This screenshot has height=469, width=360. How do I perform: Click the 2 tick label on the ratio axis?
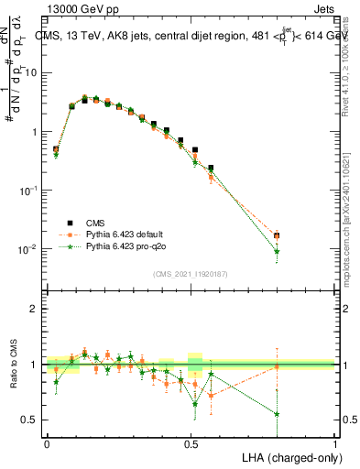(36, 309)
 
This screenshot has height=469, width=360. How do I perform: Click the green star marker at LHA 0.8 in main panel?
(277, 251)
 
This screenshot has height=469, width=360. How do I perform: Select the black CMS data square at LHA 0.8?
(277, 235)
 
